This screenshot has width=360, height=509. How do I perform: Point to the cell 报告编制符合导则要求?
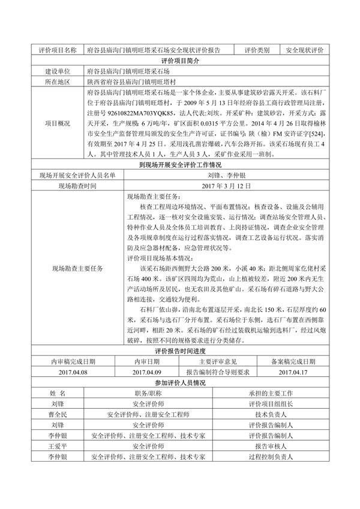click(217, 373)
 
